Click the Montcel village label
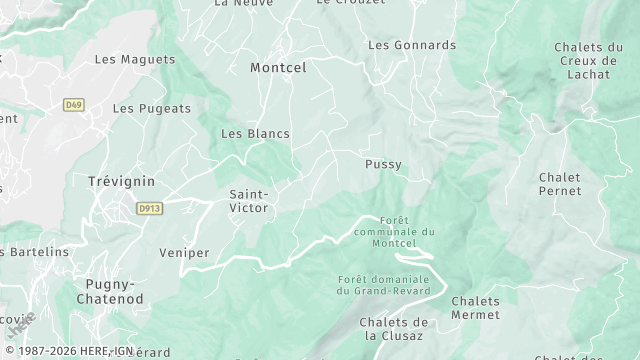click(278, 67)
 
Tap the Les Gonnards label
click(411, 45)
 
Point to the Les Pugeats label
click(151, 108)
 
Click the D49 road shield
click(73, 104)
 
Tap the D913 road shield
click(149, 207)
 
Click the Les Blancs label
click(255, 133)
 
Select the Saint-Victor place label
click(249, 202)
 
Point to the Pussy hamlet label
click(384, 164)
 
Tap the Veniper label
click(184, 253)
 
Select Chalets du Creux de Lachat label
click(588, 60)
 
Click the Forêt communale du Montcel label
click(407, 232)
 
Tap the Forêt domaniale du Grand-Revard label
click(383, 285)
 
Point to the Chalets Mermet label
click(475, 308)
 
